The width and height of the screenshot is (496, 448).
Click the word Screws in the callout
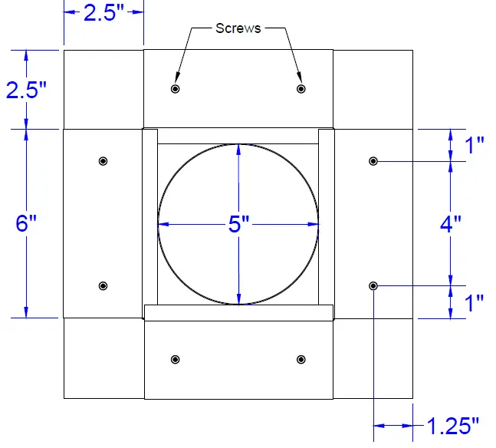click(238, 29)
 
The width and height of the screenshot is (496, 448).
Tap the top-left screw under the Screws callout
click(176, 89)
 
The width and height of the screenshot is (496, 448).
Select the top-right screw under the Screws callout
click(301, 89)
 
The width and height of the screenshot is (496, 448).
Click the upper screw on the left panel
click(103, 161)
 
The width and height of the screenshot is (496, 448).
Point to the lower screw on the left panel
click(103, 285)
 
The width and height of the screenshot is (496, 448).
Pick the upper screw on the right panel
click(373, 161)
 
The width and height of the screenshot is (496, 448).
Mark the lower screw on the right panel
click(373, 285)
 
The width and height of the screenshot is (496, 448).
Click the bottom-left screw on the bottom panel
click(176, 359)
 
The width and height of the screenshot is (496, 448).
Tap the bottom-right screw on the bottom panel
click(301, 359)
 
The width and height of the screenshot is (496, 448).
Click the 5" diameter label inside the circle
click(239, 225)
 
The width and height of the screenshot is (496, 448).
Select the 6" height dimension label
click(26, 224)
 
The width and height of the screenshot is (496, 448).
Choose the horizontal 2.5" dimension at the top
click(103, 13)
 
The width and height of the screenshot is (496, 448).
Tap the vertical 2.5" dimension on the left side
click(26, 90)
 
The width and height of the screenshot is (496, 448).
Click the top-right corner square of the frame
click(373, 89)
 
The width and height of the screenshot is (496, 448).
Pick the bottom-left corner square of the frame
click(103, 358)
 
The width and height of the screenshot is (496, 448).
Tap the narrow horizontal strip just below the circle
click(239, 311)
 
